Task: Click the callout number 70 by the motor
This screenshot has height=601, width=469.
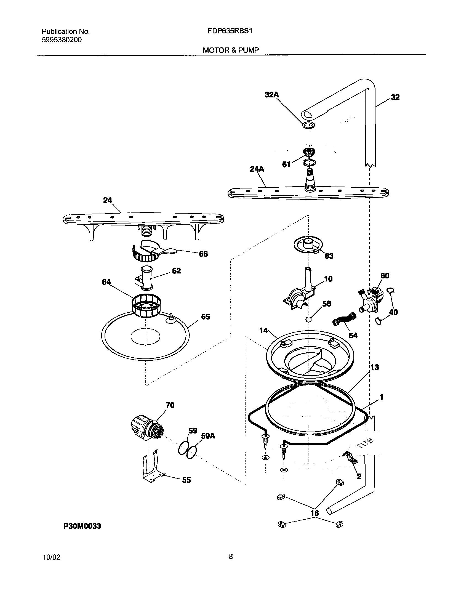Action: (x=170, y=405)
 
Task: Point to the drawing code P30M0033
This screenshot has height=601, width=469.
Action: (x=82, y=526)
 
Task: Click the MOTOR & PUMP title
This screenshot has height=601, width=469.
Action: (x=231, y=50)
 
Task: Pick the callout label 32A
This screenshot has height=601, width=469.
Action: (x=272, y=95)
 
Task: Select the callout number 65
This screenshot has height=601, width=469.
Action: (x=206, y=317)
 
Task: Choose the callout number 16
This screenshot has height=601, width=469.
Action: (x=315, y=513)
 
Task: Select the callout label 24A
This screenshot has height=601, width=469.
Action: (x=257, y=169)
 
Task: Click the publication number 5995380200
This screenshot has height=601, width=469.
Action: (x=62, y=40)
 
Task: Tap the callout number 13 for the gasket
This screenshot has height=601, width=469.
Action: (x=374, y=367)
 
